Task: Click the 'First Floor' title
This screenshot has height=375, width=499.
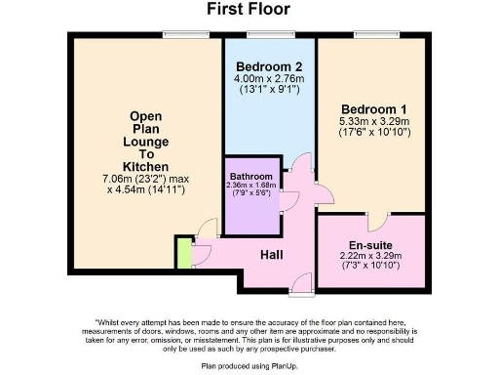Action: (248, 10)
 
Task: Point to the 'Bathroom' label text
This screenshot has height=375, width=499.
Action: (249, 177)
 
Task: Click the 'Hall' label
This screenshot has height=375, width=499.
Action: (272, 255)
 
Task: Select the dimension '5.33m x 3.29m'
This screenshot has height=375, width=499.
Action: (370, 121)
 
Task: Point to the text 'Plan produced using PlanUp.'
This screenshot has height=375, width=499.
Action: (248, 364)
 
